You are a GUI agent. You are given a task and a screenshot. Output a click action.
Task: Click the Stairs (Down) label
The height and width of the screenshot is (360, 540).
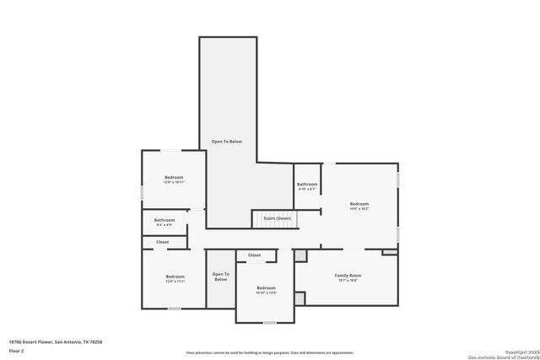pyautogui.click(x=277, y=218)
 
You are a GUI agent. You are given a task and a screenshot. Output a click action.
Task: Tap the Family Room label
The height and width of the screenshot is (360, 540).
pyautogui.click(x=348, y=276)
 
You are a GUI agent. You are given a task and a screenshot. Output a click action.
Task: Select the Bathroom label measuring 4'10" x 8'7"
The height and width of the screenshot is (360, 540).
pyautogui.click(x=307, y=184)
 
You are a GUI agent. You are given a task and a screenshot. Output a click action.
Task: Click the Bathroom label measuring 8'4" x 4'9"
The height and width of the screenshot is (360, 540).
pyautogui.click(x=164, y=220)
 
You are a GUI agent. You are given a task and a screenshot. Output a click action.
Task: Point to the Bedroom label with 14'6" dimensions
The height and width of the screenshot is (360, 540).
pyautogui.click(x=359, y=203)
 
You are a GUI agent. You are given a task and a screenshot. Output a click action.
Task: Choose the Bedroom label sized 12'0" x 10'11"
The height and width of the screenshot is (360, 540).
pyautogui.click(x=174, y=177)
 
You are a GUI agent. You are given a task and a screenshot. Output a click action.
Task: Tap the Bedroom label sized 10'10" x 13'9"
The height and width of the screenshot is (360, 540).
pyautogui.click(x=267, y=288)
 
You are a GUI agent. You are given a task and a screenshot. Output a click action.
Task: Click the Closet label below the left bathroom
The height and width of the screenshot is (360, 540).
pyautogui.click(x=163, y=242)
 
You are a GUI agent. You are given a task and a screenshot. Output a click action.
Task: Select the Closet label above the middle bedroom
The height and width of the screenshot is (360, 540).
pyautogui.click(x=254, y=255)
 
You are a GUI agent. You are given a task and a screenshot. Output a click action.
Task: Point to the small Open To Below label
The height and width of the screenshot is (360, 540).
pyautogui.click(x=220, y=277)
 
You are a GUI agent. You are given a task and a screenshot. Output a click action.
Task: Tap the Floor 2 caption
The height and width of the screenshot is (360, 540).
pyautogui.click(x=16, y=350)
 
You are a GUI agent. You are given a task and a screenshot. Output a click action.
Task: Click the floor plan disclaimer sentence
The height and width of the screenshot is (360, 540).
pyautogui.click(x=269, y=352)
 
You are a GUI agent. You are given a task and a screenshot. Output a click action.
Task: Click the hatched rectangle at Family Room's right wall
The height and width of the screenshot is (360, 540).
pyautogui.click(x=389, y=251)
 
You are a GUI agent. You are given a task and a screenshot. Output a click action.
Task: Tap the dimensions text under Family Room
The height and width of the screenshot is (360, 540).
pyautogui.click(x=348, y=282)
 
